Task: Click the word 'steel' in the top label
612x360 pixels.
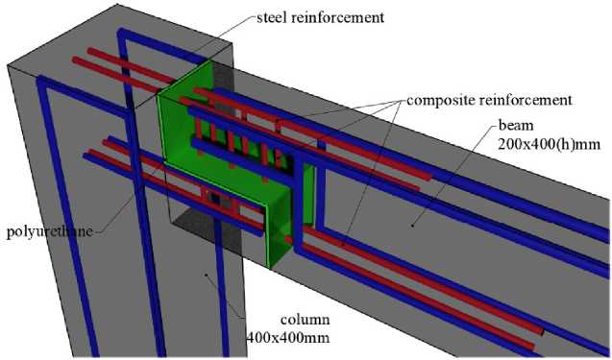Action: point(270,17)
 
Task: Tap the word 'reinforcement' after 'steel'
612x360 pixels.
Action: point(335,17)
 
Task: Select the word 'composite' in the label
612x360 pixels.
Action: point(440,101)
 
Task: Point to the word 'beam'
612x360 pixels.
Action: point(516,126)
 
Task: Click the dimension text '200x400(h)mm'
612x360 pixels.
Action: point(549,144)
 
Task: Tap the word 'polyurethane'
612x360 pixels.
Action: point(50,231)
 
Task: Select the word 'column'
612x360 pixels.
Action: point(306,320)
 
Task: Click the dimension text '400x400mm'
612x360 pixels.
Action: point(288,337)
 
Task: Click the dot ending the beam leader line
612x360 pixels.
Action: point(412,225)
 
